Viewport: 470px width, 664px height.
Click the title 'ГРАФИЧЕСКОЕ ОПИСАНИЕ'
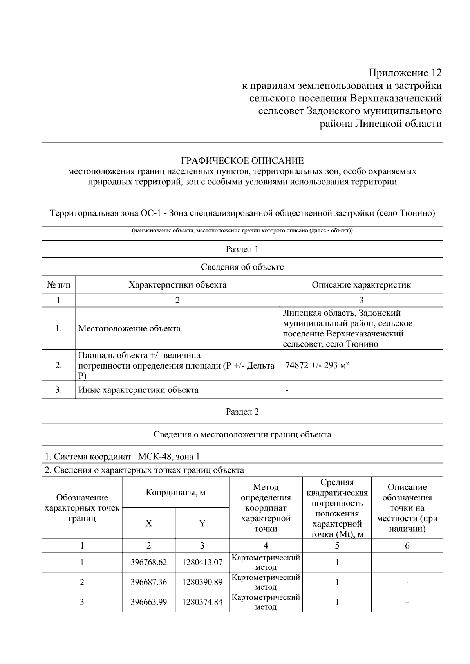click(x=242, y=161)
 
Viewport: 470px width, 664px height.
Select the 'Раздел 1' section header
click(x=242, y=249)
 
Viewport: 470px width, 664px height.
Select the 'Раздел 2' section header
click(x=242, y=412)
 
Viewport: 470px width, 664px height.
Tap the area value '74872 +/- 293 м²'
click(x=317, y=365)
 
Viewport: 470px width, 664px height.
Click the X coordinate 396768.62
click(x=148, y=562)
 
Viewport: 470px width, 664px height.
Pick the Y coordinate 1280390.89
click(x=202, y=582)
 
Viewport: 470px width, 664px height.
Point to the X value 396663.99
click(x=148, y=602)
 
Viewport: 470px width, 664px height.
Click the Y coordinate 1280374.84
click(x=202, y=602)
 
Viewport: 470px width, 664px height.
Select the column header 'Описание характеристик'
click(x=361, y=285)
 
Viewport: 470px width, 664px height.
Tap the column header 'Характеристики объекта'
click(x=177, y=285)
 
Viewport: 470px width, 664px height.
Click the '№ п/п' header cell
click(x=58, y=285)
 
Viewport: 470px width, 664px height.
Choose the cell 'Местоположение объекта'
click(x=129, y=328)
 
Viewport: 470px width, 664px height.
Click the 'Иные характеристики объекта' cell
click(x=138, y=390)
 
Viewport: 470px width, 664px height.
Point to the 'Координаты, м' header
click(x=175, y=492)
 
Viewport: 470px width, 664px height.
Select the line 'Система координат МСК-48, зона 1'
click(x=122, y=457)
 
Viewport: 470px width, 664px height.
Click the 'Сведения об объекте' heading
click(x=242, y=267)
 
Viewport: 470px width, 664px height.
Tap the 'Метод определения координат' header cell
click(x=266, y=508)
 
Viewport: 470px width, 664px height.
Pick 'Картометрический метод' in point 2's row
click(x=266, y=582)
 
